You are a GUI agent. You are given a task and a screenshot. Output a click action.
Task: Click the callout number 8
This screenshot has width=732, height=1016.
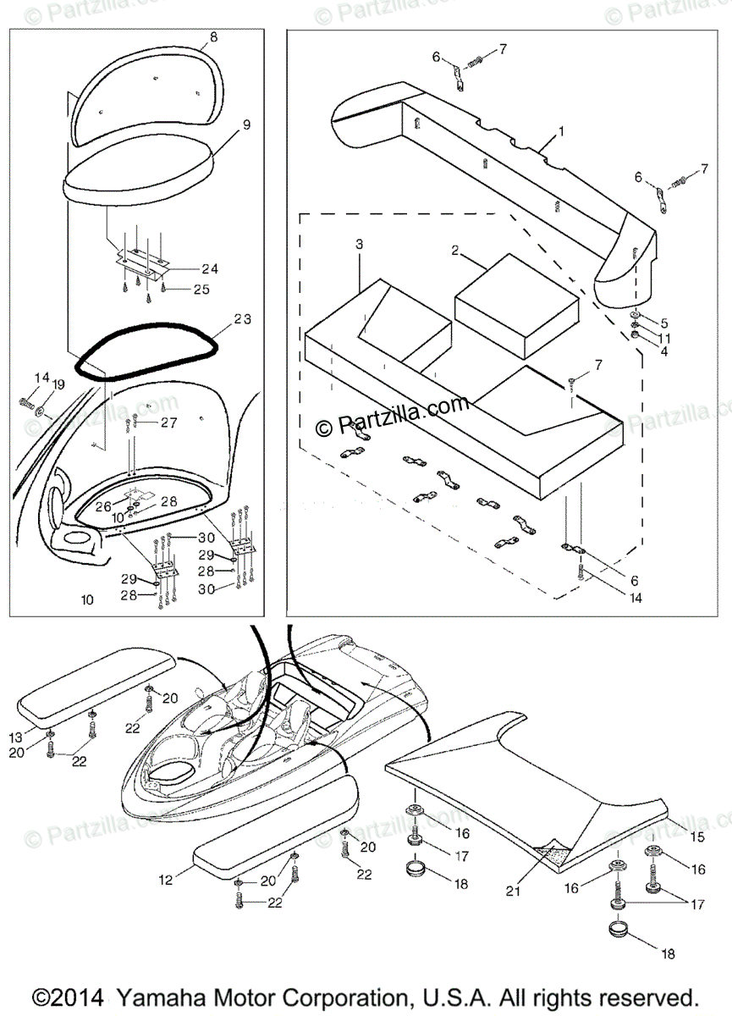[x=212, y=36]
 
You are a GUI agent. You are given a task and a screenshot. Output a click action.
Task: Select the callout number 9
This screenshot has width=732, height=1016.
[x=246, y=124]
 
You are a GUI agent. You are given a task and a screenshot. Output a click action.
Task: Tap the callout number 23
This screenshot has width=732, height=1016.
[x=243, y=319]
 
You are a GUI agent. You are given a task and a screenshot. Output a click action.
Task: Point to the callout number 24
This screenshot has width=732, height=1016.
[x=210, y=269]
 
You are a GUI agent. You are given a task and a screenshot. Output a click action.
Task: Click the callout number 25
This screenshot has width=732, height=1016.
[x=201, y=290]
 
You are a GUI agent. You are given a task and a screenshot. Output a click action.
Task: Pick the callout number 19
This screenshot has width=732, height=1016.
[x=58, y=384]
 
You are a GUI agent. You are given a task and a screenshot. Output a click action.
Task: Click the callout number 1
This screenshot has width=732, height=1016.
[x=559, y=132]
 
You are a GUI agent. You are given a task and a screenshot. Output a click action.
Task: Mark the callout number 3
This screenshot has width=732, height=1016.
[x=359, y=244]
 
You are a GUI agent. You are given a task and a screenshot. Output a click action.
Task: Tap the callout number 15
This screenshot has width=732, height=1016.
[x=697, y=837]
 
